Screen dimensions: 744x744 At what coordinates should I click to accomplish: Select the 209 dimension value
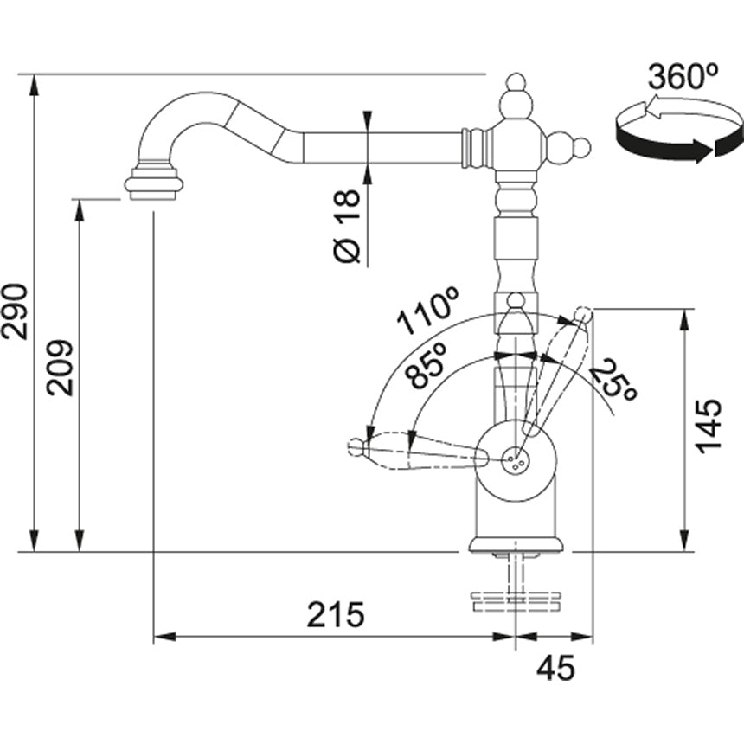point(61,368)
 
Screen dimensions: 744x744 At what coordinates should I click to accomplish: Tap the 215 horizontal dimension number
point(336,615)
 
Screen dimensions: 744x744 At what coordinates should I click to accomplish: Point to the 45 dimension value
point(555,668)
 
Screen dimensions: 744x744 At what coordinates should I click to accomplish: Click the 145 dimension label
point(708,426)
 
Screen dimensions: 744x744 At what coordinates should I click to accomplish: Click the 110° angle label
point(428,312)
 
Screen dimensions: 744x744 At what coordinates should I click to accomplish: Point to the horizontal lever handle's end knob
point(356,446)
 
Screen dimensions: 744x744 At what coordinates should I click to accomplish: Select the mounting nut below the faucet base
point(516,599)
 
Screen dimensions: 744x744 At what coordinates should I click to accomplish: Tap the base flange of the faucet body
point(516,544)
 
